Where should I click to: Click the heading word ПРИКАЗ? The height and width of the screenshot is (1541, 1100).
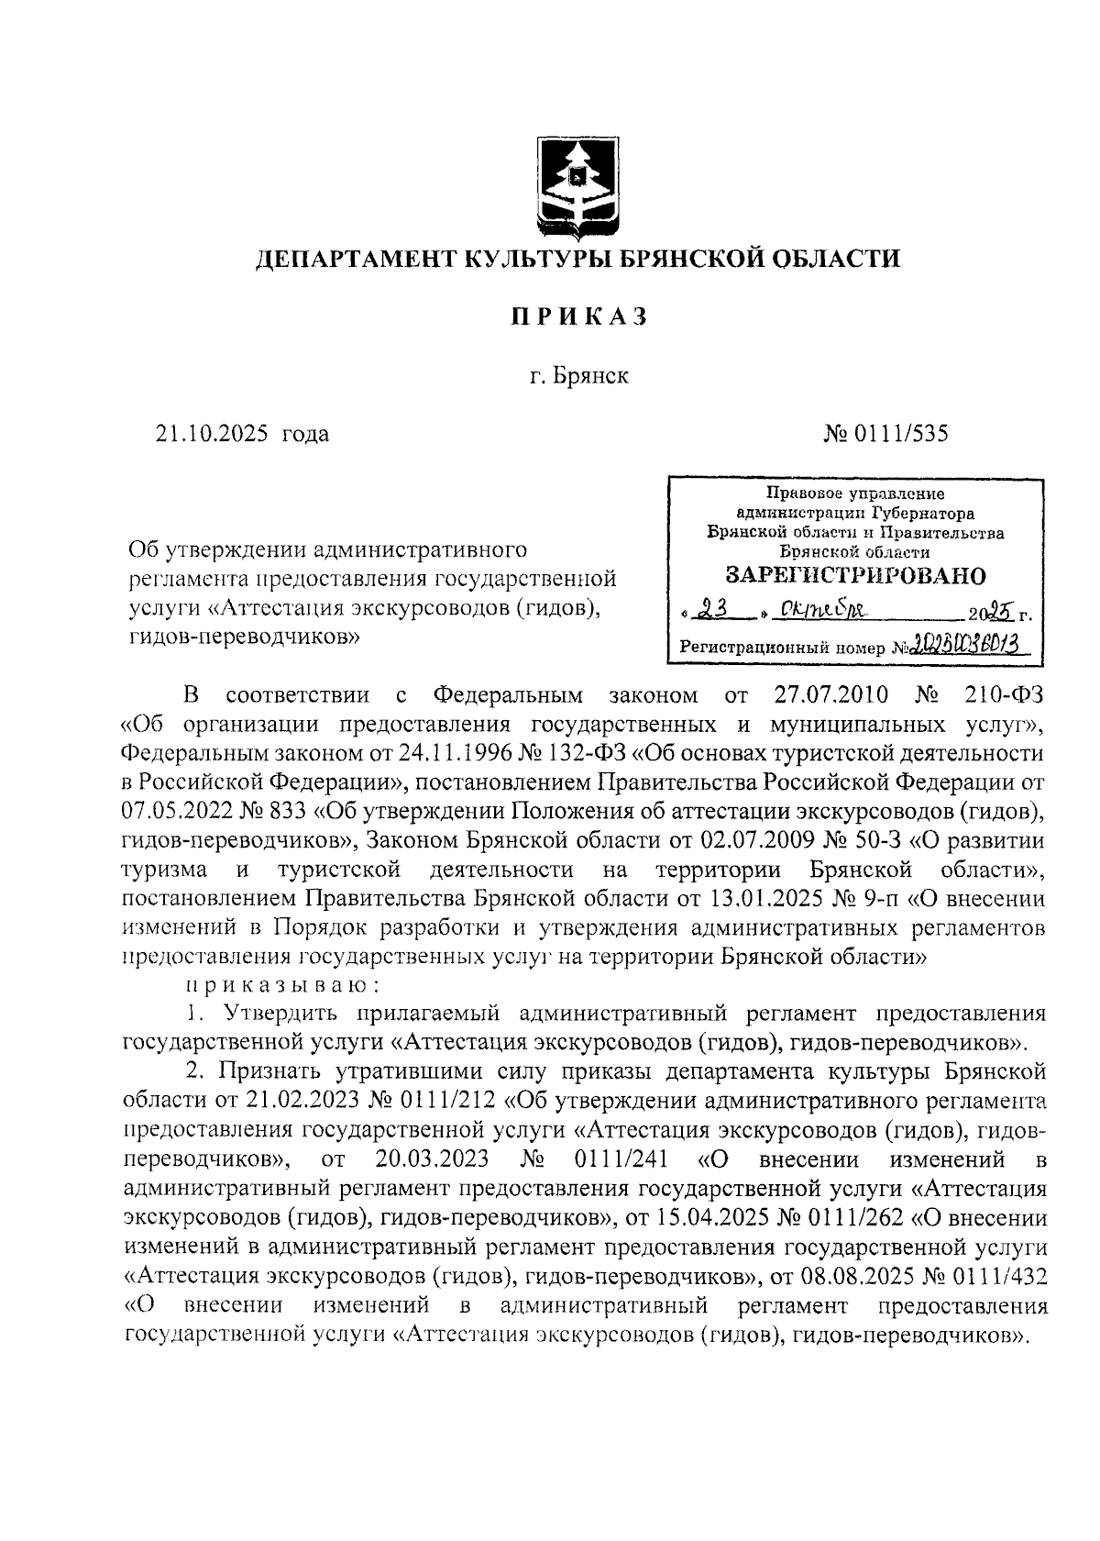(577, 316)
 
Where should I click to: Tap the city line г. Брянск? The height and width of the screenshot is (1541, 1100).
(578, 376)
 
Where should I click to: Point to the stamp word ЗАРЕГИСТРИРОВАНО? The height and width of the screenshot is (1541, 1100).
(855, 576)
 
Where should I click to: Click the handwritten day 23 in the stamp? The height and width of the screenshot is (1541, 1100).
(713, 610)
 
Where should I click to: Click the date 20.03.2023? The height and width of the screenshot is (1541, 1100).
(432, 1159)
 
